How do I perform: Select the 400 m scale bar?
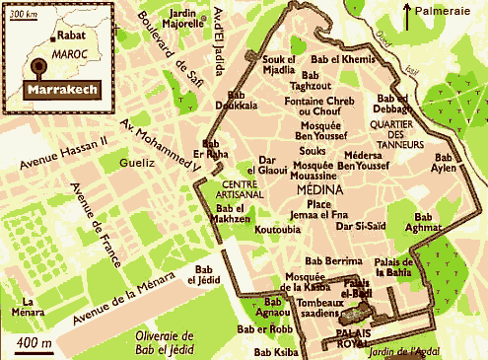pos(33,343)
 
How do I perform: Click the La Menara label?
pos(35,308)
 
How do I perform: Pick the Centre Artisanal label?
pos(246,191)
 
